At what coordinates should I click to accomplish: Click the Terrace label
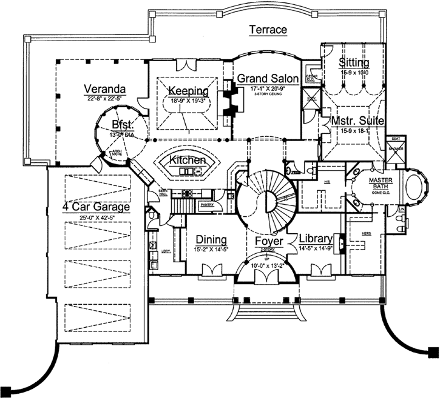[x=268, y=30]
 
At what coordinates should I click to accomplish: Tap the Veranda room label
[x=106, y=85]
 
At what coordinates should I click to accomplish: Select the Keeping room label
[x=188, y=91]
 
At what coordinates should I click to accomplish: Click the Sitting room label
[x=354, y=63]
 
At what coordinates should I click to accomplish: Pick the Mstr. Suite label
[x=357, y=121]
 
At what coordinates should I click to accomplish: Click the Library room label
[x=315, y=238]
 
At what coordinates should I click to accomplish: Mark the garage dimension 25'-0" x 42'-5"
[x=97, y=217]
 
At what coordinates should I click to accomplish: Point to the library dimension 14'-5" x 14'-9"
[x=315, y=247]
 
